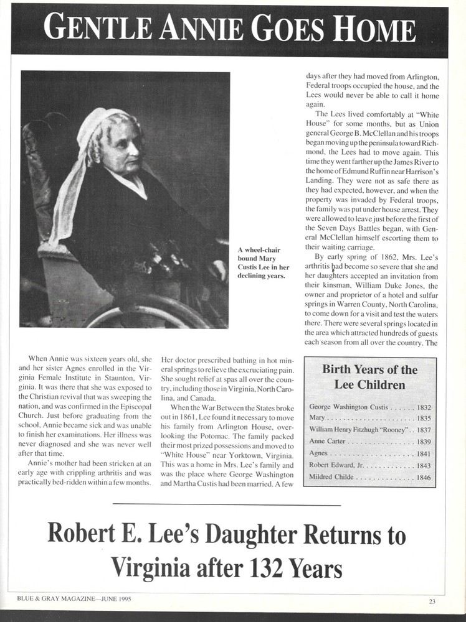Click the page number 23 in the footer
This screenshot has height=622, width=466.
click(x=432, y=601)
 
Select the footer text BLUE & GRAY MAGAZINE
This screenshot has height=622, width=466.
click(x=57, y=598)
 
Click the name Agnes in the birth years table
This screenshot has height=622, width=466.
click(x=318, y=454)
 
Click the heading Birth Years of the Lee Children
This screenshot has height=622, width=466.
click(x=369, y=376)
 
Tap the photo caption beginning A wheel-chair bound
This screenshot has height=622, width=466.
click(x=261, y=263)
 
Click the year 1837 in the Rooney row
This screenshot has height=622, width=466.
click(x=421, y=430)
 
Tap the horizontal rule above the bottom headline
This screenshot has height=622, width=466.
click(x=227, y=505)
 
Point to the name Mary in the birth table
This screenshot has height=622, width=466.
click(x=317, y=419)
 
